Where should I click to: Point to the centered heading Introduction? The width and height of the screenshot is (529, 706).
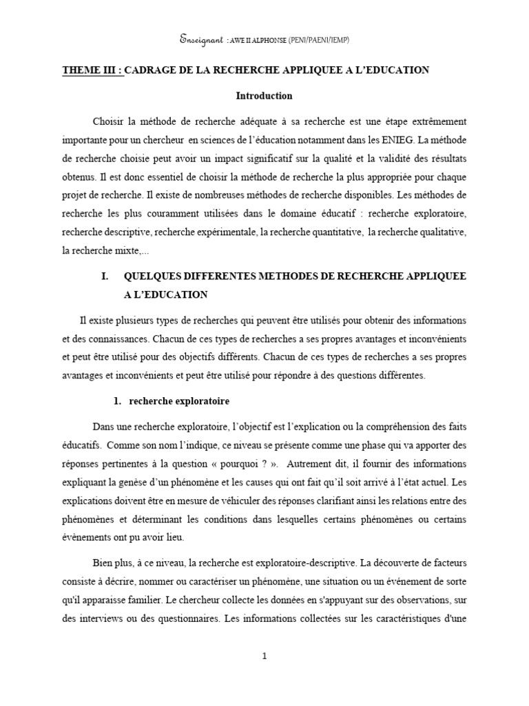pos(264,96)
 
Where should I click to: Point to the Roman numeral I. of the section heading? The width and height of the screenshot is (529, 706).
pos(105,276)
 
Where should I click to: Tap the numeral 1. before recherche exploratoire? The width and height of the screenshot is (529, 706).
pos(117,401)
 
